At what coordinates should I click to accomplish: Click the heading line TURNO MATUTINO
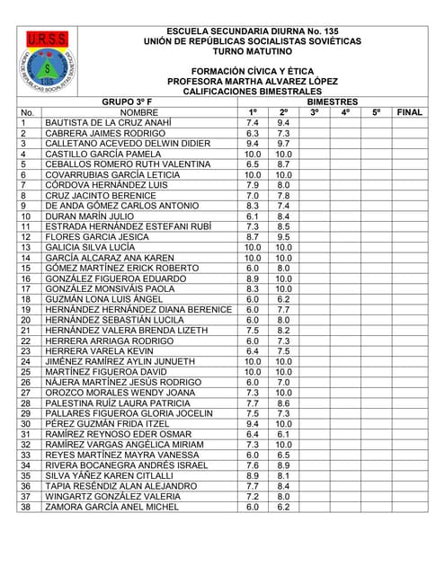264,53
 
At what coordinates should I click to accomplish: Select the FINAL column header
409,112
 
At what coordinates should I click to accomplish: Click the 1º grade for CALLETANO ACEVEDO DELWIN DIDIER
253,144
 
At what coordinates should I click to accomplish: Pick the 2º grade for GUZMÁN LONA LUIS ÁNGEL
283,299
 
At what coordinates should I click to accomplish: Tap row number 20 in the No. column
25,320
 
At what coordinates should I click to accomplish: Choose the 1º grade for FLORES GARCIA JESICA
253,237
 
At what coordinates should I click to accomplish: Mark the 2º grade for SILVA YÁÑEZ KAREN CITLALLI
283,476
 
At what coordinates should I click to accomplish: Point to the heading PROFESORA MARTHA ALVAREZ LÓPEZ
264,81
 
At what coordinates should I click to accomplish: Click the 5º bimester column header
376,112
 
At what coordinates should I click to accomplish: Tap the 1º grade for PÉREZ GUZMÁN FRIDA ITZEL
253,424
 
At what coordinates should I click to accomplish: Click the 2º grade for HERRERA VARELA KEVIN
283,351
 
